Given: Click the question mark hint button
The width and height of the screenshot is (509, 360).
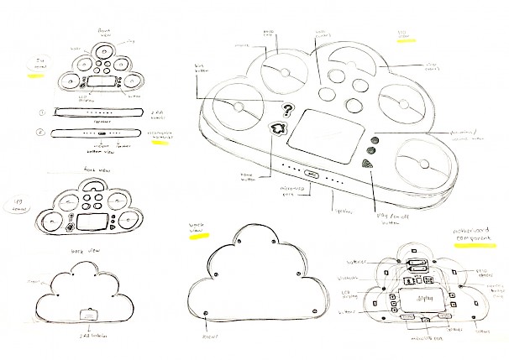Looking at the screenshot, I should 288,108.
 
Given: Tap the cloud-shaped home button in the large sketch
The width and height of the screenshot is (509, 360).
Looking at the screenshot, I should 277,128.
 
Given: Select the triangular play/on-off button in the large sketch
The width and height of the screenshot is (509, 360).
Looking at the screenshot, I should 367,164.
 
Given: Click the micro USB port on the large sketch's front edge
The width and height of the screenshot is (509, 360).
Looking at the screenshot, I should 311,175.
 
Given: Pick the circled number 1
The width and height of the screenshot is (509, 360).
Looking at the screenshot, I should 41,112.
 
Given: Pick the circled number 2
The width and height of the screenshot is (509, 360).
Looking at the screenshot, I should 41,132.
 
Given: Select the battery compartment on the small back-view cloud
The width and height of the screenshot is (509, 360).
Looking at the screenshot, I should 86,314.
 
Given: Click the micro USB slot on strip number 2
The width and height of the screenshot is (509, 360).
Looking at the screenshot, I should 100,133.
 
